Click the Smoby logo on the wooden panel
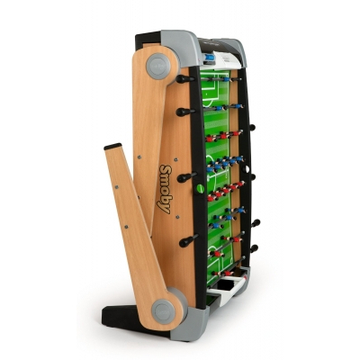pyautogui.click(x=165, y=189)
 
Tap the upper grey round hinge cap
pyautogui.click(x=158, y=66)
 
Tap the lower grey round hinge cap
pyautogui.click(x=164, y=311)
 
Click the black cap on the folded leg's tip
pyautogui.click(x=112, y=147)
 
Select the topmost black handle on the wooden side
pyautogui.click(x=185, y=79)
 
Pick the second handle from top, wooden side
pyautogui.click(x=186, y=112)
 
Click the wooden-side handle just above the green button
pyautogui.click(x=187, y=177)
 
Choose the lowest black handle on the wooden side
pyautogui.click(x=189, y=240)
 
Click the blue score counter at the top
pyautogui.click(x=210, y=58)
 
